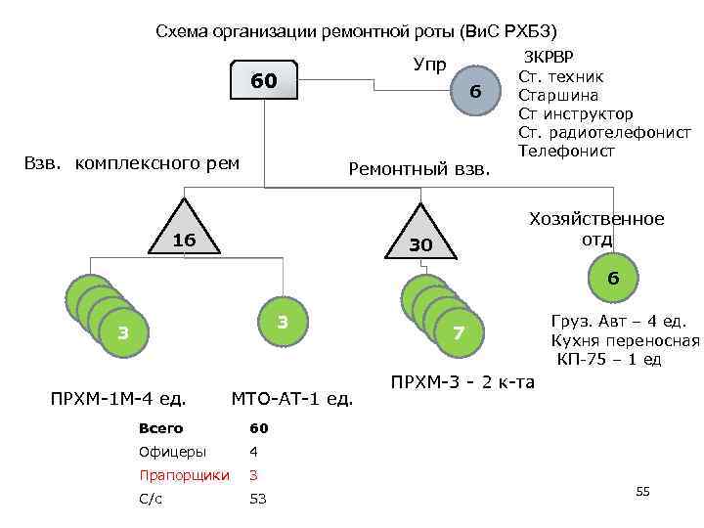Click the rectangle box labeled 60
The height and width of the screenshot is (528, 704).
(263, 82)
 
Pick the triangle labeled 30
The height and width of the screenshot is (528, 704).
(420, 238)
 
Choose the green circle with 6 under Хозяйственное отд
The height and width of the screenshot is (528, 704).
(613, 279)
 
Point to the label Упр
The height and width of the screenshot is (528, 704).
(430, 66)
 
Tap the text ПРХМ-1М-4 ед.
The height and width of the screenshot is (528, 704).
(118, 398)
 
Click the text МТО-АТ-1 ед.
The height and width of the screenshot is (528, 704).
(292, 398)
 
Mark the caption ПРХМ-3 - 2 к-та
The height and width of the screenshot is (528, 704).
(462, 381)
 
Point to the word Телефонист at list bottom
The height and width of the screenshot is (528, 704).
(566, 152)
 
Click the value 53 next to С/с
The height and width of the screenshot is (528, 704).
(258, 500)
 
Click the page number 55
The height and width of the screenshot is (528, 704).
(642, 491)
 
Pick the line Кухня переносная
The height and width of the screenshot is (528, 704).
(626, 340)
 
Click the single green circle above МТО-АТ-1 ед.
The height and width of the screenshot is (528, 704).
(282, 321)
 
